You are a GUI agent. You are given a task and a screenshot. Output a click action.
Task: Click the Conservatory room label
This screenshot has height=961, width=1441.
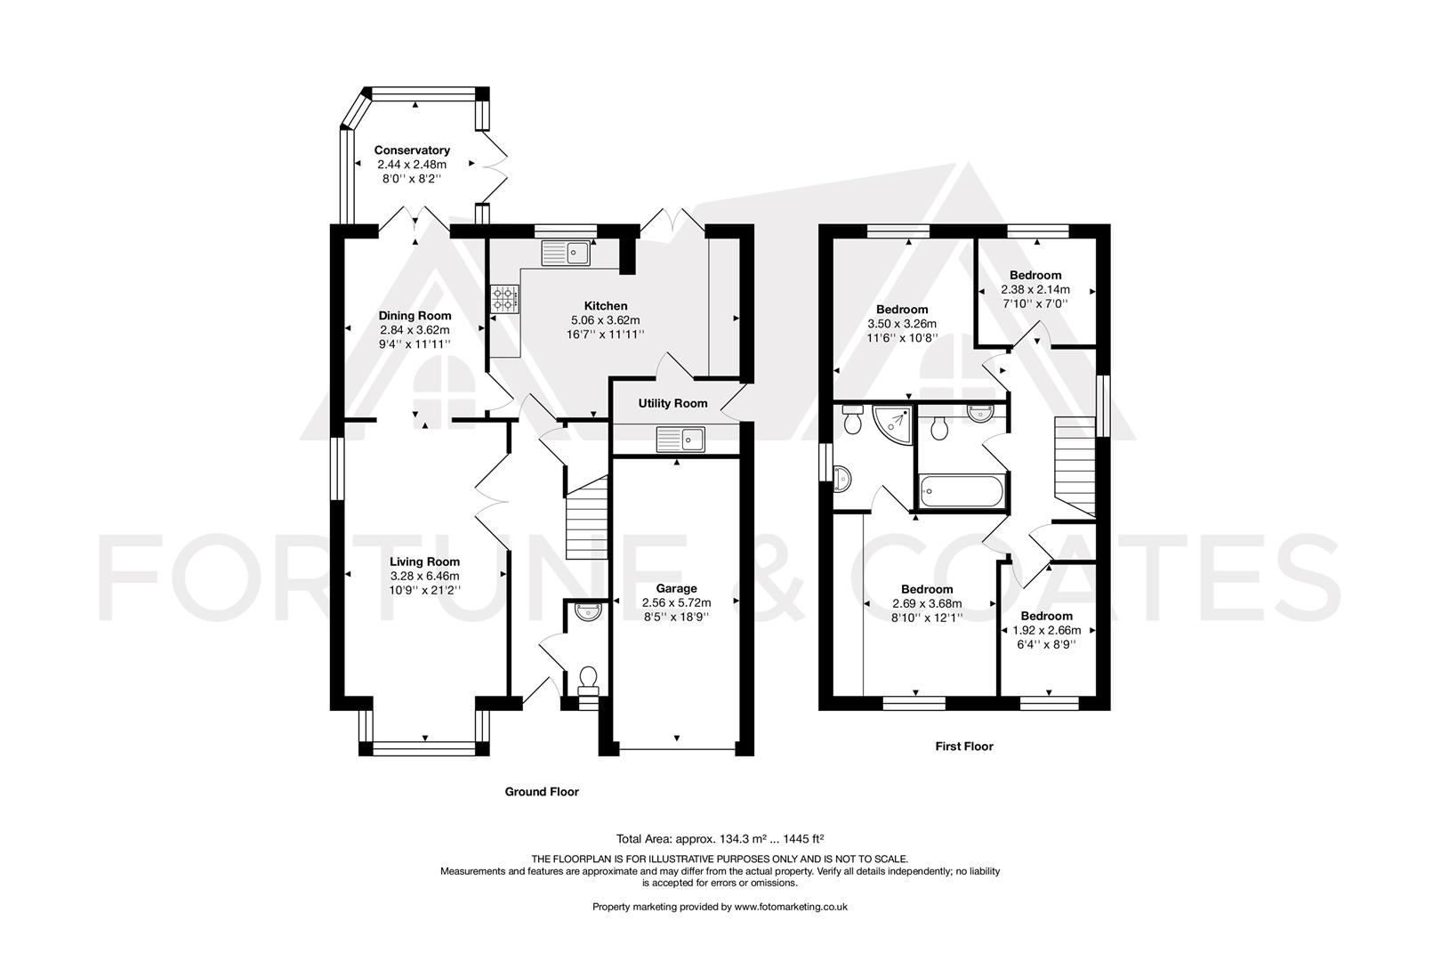pyautogui.click(x=411, y=150)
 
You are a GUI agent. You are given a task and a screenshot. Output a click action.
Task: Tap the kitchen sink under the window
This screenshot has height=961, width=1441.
pyautogui.click(x=566, y=253)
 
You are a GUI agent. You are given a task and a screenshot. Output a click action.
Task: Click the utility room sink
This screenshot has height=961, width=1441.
pyautogui.click(x=680, y=438)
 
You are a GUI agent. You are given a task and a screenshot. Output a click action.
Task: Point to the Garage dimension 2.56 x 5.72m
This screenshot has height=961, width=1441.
pyautogui.click(x=676, y=602)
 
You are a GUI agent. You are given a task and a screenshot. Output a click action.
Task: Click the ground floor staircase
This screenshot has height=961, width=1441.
pyautogui.click(x=586, y=519)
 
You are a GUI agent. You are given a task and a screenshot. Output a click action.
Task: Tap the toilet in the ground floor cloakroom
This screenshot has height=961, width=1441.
pyautogui.click(x=588, y=681)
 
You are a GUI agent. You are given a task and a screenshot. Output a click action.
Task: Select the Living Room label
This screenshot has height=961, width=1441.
pyautogui.click(x=424, y=561)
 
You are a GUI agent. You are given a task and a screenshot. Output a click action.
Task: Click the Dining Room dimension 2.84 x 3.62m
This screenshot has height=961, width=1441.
pyautogui.click(x=415, y=329)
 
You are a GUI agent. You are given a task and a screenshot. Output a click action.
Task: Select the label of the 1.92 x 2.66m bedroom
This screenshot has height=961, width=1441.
pyautogui.click(x=1046, y=616)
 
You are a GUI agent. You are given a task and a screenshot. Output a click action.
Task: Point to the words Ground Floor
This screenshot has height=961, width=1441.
pyautogui.click(x=542, y=791)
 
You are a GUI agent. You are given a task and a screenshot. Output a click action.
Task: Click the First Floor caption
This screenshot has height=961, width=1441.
pyautogui.click(x=963, y=747)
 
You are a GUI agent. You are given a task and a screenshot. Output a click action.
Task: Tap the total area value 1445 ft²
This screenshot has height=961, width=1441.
pyautogui.click(x=800, y=838)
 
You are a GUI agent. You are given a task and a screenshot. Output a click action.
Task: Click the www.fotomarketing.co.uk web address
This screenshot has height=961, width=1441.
pyautogui.click(x=791, y=907)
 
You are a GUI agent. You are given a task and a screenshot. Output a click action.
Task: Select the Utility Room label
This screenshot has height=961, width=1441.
pyautogui.click(x=672, y=403)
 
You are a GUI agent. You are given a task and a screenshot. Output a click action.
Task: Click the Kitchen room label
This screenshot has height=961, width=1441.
pyautogui.click(x=605, y=306)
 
